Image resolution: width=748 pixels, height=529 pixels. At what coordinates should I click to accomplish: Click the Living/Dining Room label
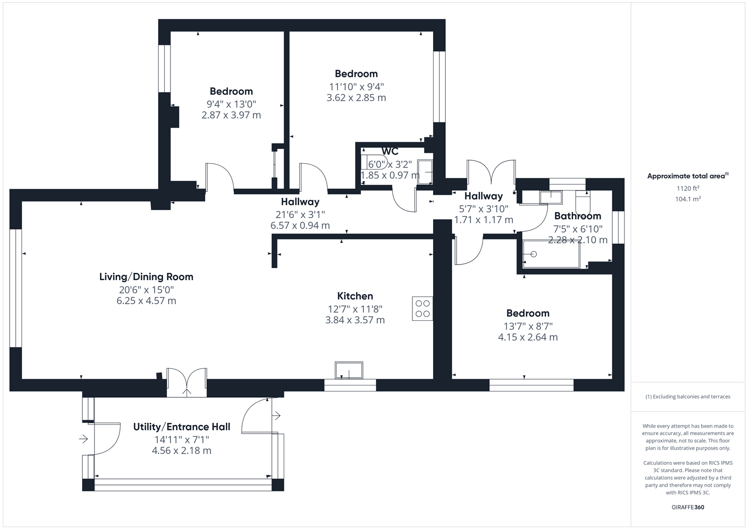(x=146, y=277)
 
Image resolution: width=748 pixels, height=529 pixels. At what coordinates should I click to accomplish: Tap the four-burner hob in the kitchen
(x=422, y=309)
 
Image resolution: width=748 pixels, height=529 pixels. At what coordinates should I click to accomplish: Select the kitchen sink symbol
(x=349, y=370)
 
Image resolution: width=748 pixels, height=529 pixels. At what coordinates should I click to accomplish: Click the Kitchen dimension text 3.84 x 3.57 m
(x=355, y=320)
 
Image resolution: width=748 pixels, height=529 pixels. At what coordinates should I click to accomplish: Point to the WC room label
(x=390, y=151)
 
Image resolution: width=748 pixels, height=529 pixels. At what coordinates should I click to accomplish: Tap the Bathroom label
(x=578, y=216)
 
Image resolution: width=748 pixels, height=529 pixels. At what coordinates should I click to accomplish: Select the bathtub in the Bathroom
(x=551, y=254)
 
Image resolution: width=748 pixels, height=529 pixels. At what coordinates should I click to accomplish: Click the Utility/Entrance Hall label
(x=181, y=427)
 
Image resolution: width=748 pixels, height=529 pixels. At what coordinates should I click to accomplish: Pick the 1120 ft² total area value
(x=688, y=189)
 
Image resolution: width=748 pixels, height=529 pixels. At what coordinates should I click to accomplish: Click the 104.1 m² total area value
(x=688, y=199)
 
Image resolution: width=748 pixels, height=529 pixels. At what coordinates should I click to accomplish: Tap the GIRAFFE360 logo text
(x=688, y=507)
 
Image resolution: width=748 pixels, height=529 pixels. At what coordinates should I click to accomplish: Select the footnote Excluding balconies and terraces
(x=688, y=397)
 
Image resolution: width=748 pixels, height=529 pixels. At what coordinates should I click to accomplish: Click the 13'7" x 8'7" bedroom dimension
(x=528, y=326)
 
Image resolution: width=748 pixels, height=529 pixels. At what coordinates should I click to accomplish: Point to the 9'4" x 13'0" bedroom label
(x=231, y=104)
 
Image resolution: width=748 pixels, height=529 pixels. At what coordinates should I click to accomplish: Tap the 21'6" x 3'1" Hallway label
(x=300, y=215)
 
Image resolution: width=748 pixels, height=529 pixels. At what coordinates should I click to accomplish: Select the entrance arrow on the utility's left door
(x=84, y=439)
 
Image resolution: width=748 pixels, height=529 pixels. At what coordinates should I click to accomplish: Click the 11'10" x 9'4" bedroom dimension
(x=356, y=87)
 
